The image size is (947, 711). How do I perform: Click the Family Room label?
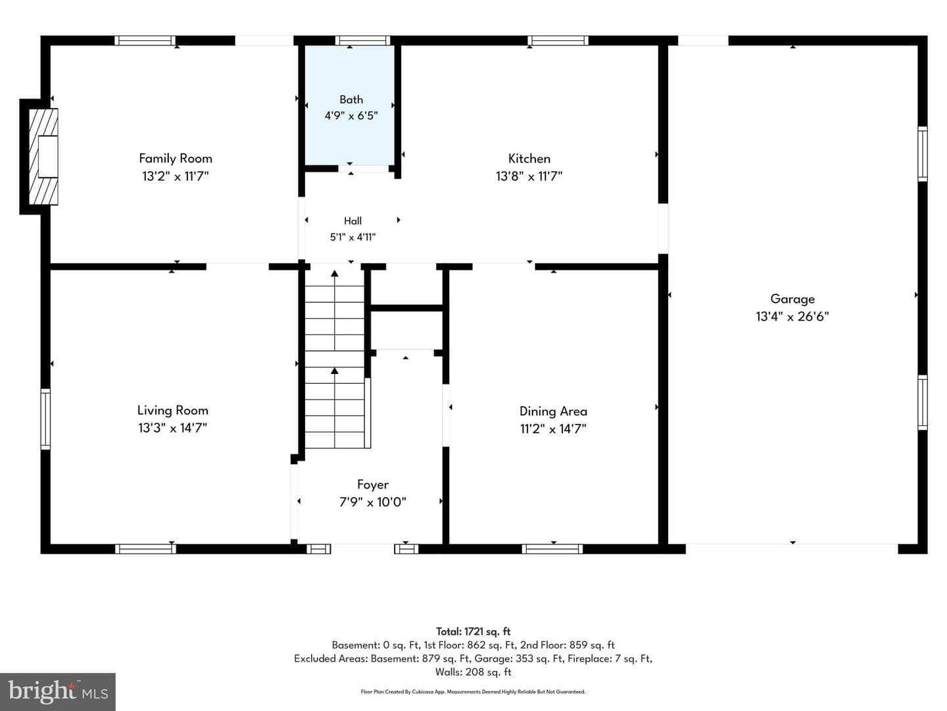click(175, 159)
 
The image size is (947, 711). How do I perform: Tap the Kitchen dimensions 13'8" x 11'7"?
click(529, 176)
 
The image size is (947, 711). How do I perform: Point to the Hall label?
click(352, 221)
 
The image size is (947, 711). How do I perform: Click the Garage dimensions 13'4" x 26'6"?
click(792, 317)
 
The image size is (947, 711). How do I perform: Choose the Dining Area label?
click(553, 411)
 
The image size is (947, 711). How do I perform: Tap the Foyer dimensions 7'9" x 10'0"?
click(373, 502)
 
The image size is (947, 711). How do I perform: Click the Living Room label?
click(172, 410)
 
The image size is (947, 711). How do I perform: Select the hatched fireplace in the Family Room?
click(43, 156)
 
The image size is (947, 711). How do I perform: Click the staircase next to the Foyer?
click(335, 359)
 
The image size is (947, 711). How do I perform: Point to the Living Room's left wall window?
click(45, 419)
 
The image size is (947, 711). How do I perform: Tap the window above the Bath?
click(362, 41)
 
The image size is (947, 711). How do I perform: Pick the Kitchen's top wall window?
click(558, 41)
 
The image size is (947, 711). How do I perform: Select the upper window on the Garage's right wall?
click(922, 153)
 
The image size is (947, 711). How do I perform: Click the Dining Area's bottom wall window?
click(552, 548)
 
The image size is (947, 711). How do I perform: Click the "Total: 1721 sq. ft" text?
click(473, 631)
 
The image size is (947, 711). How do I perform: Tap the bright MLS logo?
click(58, 691)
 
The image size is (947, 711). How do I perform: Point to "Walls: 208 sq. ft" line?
click(473, 672)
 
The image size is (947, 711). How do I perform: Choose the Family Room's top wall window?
click(145, 41)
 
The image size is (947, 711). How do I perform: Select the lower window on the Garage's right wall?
click(922, 402)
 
